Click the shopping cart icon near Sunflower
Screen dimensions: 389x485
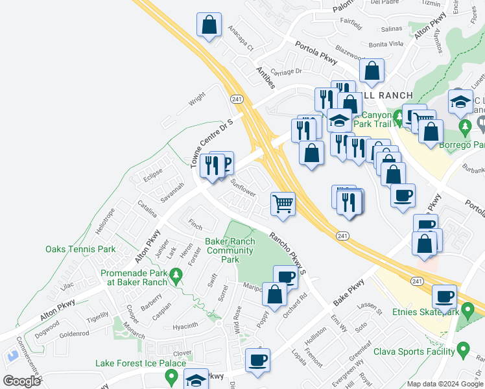pyautogui.click(x=283, y=204)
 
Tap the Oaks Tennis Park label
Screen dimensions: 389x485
pyautogui.click(x=80, y=249)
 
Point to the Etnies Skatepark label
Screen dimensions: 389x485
pyautogui.click(x=425, y=312)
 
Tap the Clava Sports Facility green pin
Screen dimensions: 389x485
pyautogui.click(x=463, y=351)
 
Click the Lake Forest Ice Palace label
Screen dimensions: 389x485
pyautogui.click(x=141, y=364)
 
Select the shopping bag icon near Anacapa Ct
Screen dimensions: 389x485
pyautogui.click(x=209, y=26)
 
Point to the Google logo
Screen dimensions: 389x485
pyautogui.click(x=21, y=381)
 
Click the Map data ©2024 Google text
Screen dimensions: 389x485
pyautogui.click(x=445, y=384)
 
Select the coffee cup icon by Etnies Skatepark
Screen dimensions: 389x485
pyautogui.click(x=445, y=297)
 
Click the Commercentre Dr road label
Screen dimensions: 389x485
pyautogui.click(x=30, y=360)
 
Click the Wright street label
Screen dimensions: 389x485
pyautogui.click(x=196, y=100)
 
